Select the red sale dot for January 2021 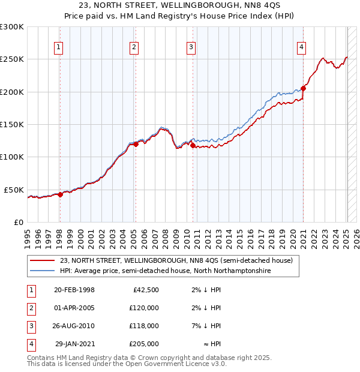[304, 89]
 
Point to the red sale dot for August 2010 [193, 145]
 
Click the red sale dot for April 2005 [136, 144]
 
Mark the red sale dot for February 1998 [60, 194]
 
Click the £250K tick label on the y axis [12, 59]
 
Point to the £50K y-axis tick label [14, 190]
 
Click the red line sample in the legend [43, 261]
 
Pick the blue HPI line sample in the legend [43, 271]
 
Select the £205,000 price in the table [144, 344]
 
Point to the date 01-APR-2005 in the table [74, 308]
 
